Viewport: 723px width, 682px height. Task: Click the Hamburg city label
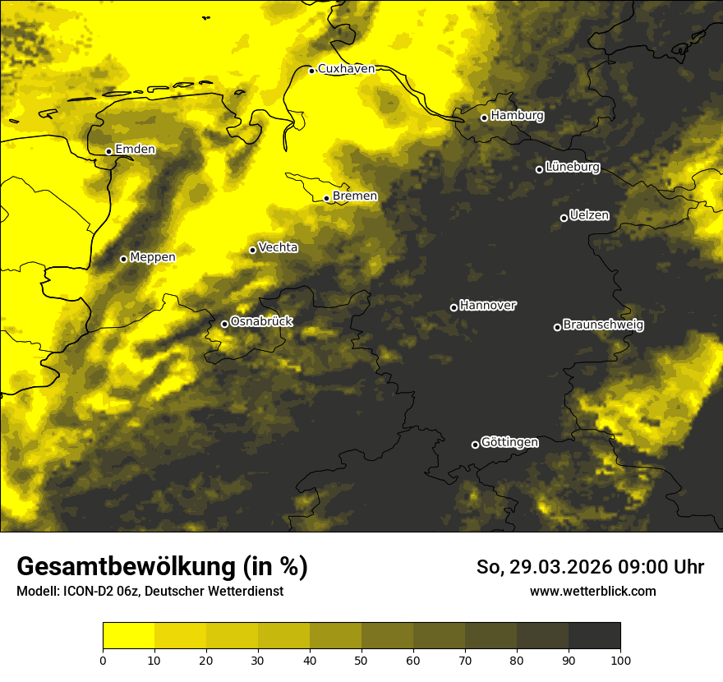[x=517, y=116]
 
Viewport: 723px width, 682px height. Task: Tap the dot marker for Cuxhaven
[x=312, y=71]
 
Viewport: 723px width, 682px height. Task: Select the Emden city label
[x=135, y=150]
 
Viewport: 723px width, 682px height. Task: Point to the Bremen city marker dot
[x=326, y=198]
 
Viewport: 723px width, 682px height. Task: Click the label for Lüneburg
[x=572, y=168]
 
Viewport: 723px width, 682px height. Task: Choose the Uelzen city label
[x=589, y=215]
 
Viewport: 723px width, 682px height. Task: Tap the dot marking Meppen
[x=124, y=259]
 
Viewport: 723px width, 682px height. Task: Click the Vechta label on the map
[x=278, y=247]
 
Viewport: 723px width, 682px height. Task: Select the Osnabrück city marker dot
[x=224, y=324]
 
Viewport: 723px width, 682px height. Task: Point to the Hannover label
[x=487, y=306]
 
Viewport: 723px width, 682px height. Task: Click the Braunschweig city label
[x=603, y=325]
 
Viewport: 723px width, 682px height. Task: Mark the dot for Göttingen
[x=475, y=445]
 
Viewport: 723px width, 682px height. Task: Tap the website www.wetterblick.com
[x=592, y=591]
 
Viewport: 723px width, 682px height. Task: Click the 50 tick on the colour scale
[x=362, y=659]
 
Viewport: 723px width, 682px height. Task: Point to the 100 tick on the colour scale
[x=620, y=659]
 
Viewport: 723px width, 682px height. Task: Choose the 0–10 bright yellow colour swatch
[x=129, y=635]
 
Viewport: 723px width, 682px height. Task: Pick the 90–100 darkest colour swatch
[x=594, y=635]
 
